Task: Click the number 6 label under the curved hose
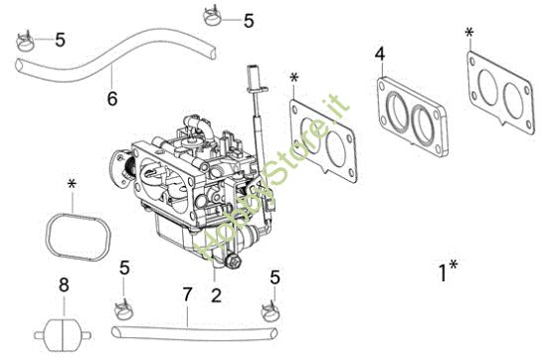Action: point(112,98)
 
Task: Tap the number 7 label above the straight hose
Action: point(186,295)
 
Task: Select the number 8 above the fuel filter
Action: point(64,286)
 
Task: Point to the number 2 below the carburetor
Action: point(216,294)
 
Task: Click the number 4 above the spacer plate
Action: point(380,53)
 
